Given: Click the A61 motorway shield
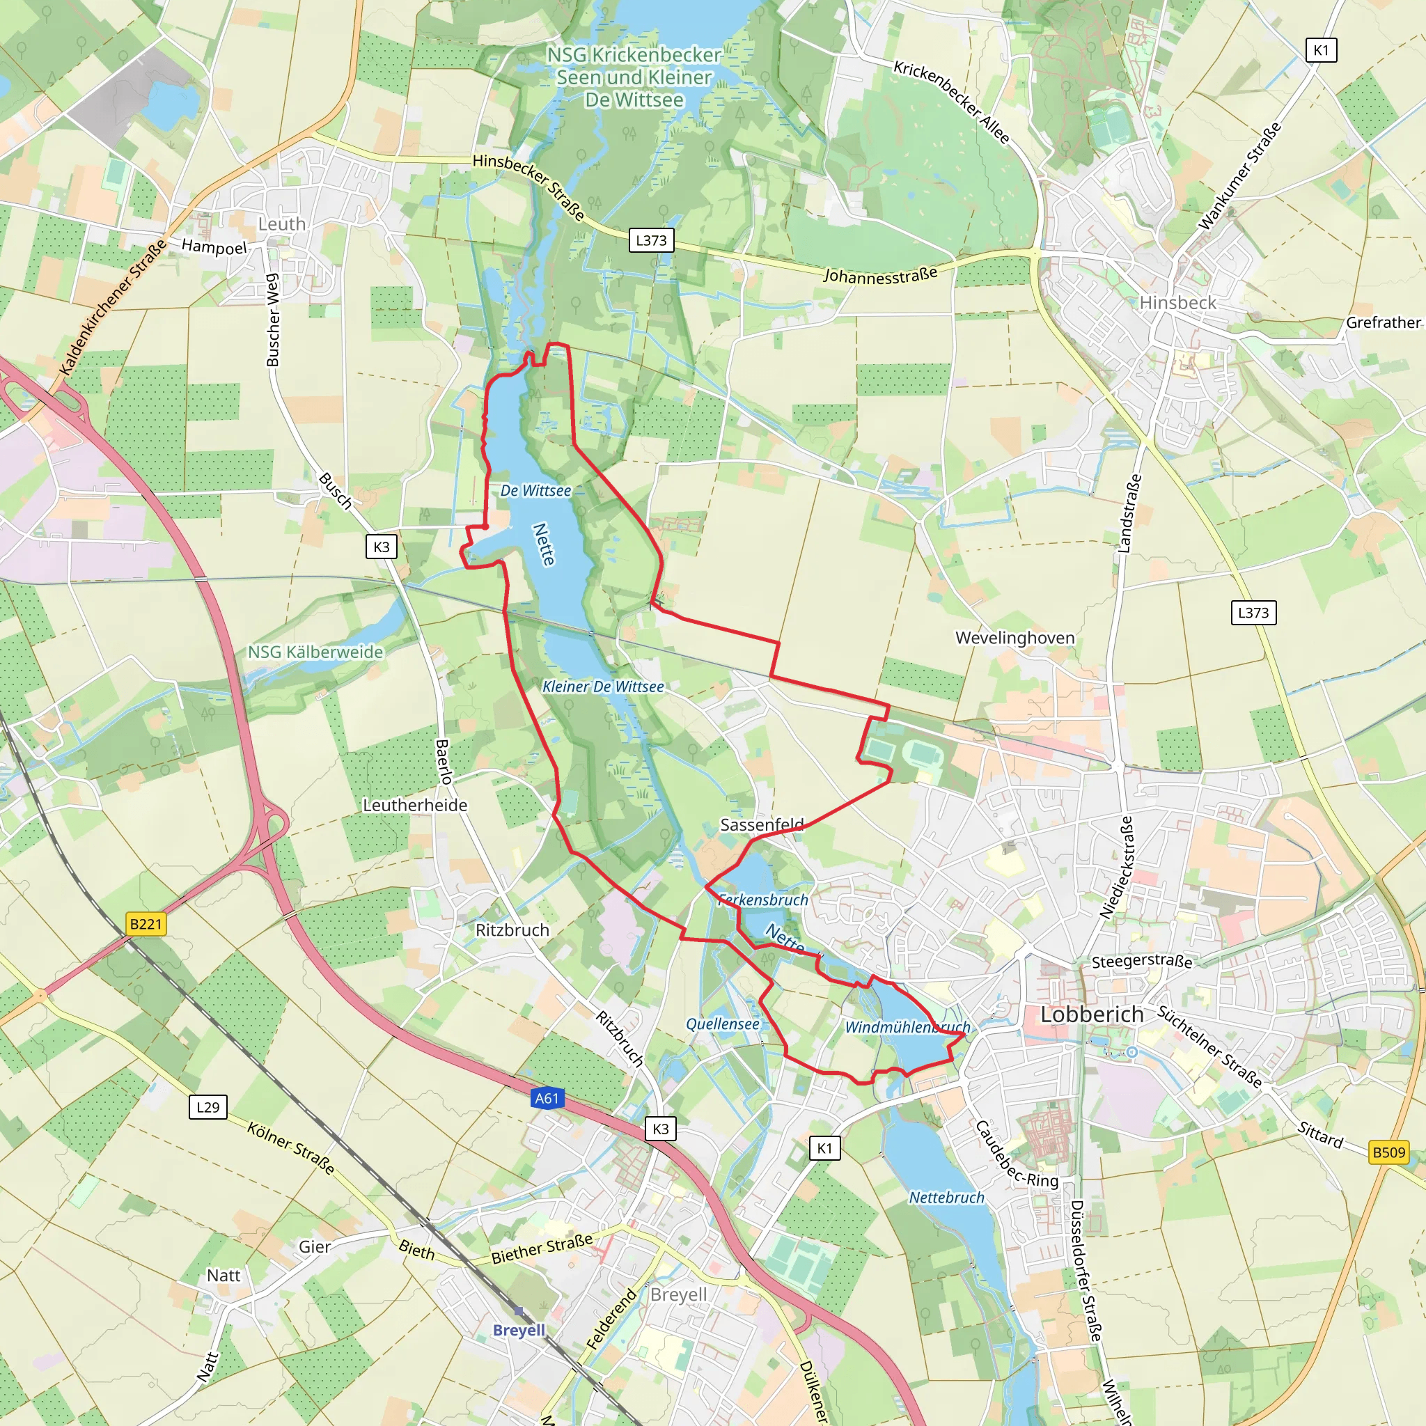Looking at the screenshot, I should click(547, 1098).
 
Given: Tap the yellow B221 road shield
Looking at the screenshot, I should click(146, 923).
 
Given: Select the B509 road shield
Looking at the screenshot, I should click(1388, 1152).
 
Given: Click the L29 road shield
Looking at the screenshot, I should click(208, 1107).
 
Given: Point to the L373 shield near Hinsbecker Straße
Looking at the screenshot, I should click(651, 240).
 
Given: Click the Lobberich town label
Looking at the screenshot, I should click(1092, 1015).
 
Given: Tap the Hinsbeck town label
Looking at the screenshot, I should click(1177, 303).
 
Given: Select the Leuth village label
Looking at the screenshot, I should click(281, 224).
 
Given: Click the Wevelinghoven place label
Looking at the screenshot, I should click(1015, 638).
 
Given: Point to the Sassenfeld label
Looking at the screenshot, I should click(762, 824).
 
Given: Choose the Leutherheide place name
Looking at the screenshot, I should click(415, 806).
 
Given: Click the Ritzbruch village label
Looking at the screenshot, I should click(512, 930).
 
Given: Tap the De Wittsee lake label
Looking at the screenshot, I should click(536, 491).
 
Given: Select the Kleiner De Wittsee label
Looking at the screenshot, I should click(603, 687).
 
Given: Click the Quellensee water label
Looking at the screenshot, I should click(723, 1024).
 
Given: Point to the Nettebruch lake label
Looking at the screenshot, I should click(946, 1198).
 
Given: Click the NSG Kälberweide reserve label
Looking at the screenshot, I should click(315, 652).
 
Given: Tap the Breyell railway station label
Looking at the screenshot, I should click(519, 1330).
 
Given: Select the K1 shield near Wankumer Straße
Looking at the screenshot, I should click(1321, 50).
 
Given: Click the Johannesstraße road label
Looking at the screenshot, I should click(880, 274).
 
